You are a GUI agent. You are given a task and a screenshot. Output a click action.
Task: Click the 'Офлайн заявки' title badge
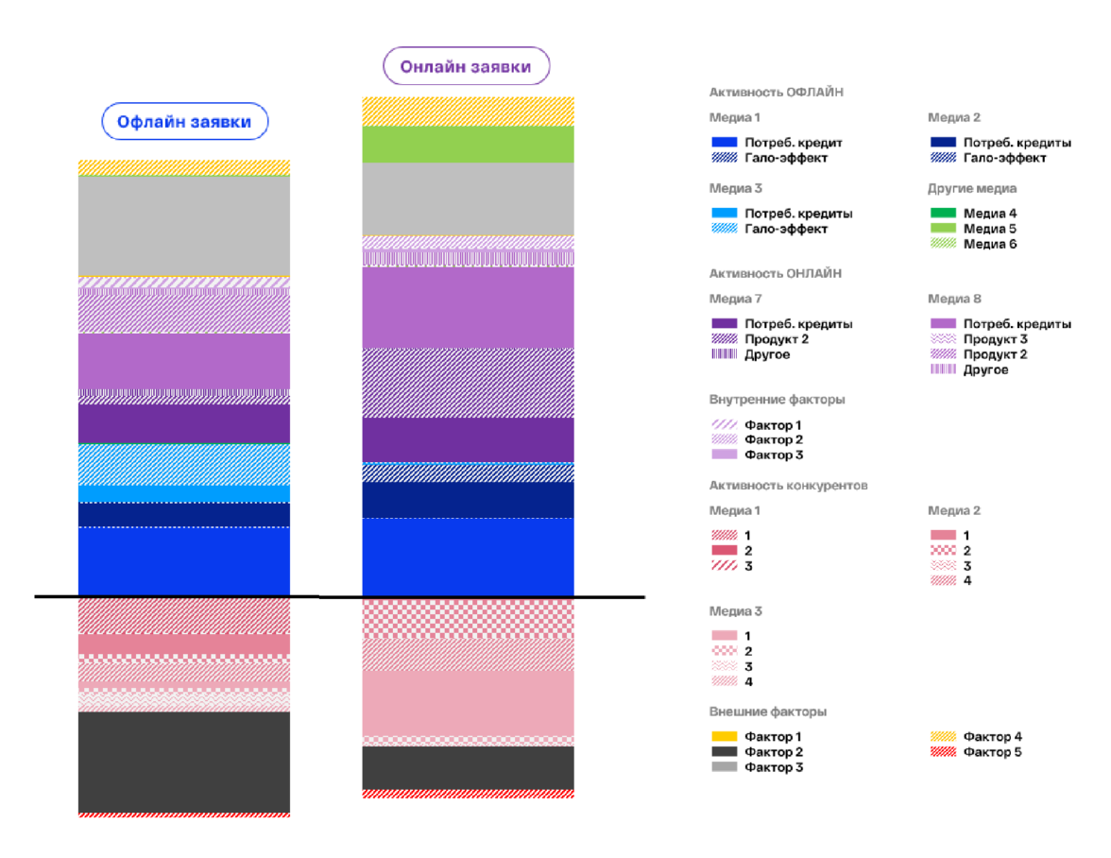(x=184, y=122)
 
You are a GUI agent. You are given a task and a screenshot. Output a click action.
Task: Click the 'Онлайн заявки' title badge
(x=466, y=67)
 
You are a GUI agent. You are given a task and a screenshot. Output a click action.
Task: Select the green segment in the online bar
(x=468, y=145)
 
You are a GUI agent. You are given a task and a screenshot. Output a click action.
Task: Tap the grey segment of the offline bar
(x=184, y=226)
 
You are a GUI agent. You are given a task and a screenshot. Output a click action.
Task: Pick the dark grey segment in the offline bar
(x=184, y=761)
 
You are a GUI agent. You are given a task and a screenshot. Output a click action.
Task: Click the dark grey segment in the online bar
(x=468, y=767)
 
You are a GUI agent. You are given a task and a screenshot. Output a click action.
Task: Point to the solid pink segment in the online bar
(x=468, y=702)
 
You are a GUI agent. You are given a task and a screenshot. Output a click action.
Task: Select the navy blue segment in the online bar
(x=468, y=500)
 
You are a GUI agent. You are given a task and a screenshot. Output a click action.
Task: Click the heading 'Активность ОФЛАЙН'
(x=776, y=93)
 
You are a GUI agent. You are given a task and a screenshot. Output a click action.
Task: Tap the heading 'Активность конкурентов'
(x=788, y=486)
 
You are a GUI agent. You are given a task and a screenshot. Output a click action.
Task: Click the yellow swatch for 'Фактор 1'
(x=724, y=737)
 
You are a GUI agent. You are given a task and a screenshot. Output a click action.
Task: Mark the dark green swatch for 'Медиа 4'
(x=943, y=214)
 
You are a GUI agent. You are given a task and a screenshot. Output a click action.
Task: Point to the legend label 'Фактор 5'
(x=992, y=752)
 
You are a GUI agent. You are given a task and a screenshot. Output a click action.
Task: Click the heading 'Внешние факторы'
(x=768, y=712)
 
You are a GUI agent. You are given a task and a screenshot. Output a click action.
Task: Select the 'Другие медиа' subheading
(x=972, y=189)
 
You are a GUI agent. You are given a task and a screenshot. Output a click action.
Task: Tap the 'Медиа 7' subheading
(x=735, y=299)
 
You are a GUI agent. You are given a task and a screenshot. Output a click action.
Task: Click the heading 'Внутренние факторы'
(x=777, y=400)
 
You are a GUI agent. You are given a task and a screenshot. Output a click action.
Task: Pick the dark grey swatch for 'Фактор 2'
(x=724, y=752)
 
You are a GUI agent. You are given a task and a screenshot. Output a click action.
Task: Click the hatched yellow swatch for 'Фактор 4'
(x=943, y=737)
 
